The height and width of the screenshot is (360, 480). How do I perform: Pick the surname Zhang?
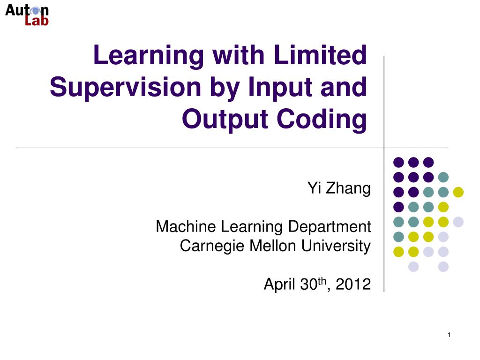pyautogui.click(x=350, y=188)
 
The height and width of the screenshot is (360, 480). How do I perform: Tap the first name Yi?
pyautogui.click(x=314, y=188)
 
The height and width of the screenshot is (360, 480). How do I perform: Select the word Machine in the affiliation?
pyautogui.click(x=186, y=227)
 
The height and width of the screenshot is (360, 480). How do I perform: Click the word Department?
pyautogui.click(x=329, y=227)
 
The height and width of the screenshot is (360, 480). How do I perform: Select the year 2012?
pyautogui.click(x=355, y=284)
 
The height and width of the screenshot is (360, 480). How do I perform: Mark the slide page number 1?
pyautogui.click(x=449, y=334)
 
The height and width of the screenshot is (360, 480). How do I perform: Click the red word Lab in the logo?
pyautogui.click(x=37, y=21)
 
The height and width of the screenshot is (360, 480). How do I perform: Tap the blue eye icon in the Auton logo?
pyautogui.click(x=35, y=10)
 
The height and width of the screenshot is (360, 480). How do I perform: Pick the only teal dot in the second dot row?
pyautogui.click(x=443, y=177)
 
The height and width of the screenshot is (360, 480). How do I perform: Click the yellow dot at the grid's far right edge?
pyautogui.click(x=458, y=192)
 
